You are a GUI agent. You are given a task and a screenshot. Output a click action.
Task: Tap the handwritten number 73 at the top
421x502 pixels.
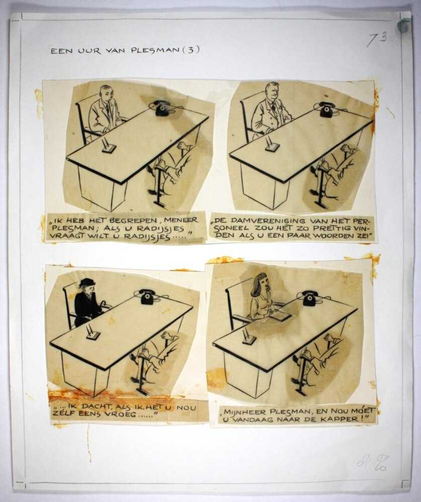tap(377, 39)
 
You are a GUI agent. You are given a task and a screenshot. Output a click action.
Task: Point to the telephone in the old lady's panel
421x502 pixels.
tap(148, 297)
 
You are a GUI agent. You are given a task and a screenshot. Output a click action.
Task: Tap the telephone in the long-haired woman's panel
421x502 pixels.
tap(310, 298)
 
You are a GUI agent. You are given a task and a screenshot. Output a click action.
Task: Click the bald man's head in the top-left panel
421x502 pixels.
tap(106, 92)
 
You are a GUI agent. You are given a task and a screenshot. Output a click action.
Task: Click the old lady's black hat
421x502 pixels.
tap(86, 282)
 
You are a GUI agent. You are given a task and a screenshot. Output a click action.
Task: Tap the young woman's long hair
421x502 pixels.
tap(260, 284)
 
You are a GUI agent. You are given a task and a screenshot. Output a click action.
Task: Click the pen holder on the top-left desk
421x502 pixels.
tap(108, 146)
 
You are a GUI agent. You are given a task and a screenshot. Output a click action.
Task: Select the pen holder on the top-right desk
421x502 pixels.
tap(272, 145)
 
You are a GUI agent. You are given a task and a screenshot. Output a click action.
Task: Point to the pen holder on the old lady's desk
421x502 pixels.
tap(93, 333)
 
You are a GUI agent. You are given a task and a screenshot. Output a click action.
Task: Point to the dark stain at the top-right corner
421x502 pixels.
tap(403, 26)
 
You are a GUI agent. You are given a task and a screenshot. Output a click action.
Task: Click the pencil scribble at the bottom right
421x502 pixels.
tap(373, 463)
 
